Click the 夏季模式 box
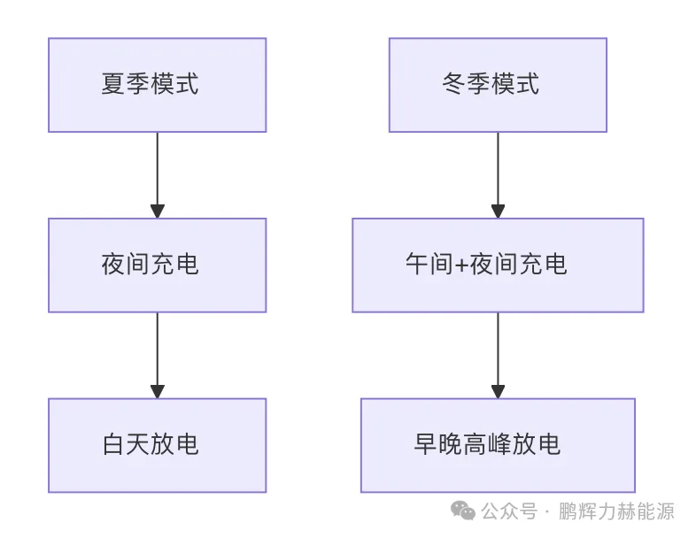157,85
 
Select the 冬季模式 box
498,85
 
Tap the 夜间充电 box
157,265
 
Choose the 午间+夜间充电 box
498,265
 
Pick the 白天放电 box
157,444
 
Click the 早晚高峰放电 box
498,444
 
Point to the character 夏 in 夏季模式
113,85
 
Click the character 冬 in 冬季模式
454,85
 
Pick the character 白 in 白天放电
113,444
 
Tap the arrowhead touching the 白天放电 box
158,391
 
